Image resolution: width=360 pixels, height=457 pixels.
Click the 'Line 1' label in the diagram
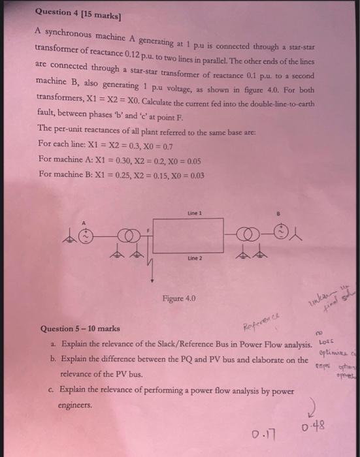195,213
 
